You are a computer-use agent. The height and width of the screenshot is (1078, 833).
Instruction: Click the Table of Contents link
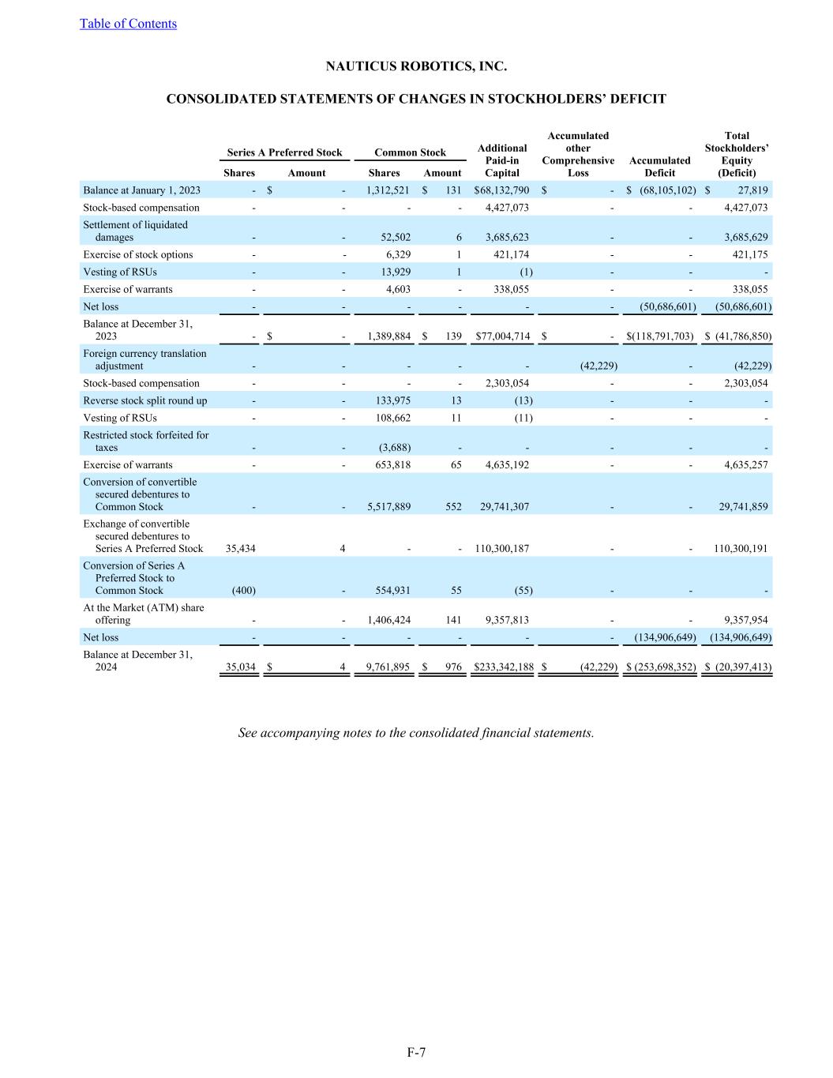point(128,24)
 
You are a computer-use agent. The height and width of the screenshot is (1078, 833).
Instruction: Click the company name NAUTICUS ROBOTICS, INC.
point(416,66)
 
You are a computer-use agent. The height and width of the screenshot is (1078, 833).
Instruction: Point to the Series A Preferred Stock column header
point(284,152)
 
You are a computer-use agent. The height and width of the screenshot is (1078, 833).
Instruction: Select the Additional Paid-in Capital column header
point(502,160)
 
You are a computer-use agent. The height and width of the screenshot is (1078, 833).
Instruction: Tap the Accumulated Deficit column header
point(659,167)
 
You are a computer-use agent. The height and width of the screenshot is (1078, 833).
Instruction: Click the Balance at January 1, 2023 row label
point(141,190)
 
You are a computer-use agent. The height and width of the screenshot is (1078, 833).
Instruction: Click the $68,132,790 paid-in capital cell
point(502,190)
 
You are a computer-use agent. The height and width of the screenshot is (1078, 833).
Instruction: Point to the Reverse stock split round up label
point(145,400)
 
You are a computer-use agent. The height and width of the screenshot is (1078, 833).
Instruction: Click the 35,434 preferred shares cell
point(240,549)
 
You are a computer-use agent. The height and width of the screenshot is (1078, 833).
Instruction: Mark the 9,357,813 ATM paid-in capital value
point(506,621)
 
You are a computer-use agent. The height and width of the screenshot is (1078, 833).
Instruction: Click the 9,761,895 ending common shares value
point(388,667)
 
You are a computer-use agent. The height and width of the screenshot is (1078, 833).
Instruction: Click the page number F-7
point(416,1052)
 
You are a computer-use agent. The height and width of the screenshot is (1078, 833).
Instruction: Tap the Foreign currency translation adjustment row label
point(144,360)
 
